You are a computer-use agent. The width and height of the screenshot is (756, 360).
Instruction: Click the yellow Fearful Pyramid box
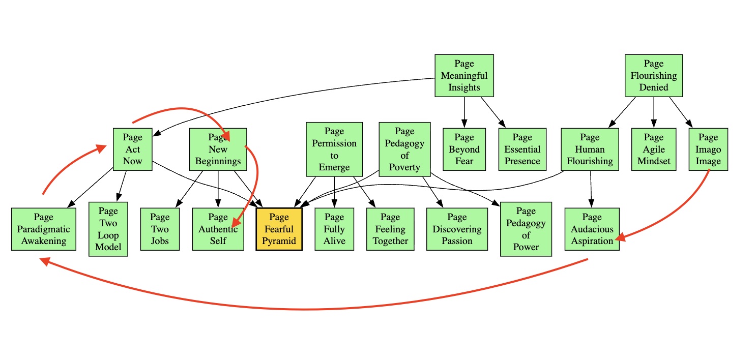tap(279, 229)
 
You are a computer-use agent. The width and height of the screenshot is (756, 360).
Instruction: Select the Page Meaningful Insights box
tap(464, 75)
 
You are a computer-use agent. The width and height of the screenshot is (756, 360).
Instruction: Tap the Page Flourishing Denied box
tap(653, 75)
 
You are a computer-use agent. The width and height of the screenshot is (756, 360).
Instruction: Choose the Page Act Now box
tap(132, 149)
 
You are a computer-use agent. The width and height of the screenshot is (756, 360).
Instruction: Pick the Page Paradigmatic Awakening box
tap(44, 229)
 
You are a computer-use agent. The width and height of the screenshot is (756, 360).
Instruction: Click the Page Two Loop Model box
tap(108, 229)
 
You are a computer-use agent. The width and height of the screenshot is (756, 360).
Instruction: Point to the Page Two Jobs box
tap(160, 229)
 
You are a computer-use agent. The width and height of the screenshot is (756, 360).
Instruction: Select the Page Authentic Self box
tap(218, 229)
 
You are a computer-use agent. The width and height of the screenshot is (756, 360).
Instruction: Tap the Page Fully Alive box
tap(334, 229)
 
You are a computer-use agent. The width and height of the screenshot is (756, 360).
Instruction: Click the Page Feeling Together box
tap(390, 229)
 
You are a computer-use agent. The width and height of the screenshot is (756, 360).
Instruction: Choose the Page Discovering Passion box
tap(457, 229)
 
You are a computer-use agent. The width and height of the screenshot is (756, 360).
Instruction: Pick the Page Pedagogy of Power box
tap(526, 229)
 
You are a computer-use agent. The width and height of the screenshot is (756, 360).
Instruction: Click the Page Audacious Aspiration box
tap(592, 229)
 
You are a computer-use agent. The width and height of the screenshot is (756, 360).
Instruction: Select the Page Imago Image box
tap(708, 149)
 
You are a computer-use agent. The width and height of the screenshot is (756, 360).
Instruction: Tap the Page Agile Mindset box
tap(654, 149)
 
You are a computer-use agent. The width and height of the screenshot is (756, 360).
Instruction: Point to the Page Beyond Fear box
tap(464, 149)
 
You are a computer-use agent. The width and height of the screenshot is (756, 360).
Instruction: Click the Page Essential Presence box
tap(522, 149)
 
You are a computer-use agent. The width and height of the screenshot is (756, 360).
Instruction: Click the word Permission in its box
tap(334, 143)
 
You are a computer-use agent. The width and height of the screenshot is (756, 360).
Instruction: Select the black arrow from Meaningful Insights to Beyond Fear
tap(464, 112)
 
